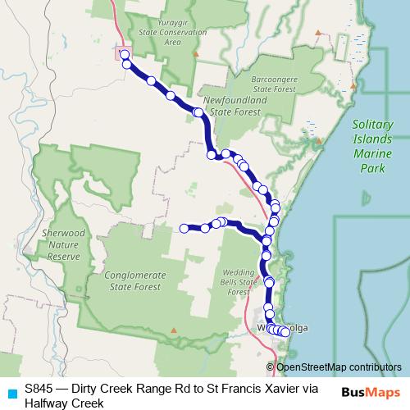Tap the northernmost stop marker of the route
point(125,55)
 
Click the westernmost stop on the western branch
point(184,228)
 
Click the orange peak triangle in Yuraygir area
point(195,54)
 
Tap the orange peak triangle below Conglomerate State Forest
point(173,330)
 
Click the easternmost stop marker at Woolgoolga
point(285,332)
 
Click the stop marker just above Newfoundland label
point(198,112)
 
